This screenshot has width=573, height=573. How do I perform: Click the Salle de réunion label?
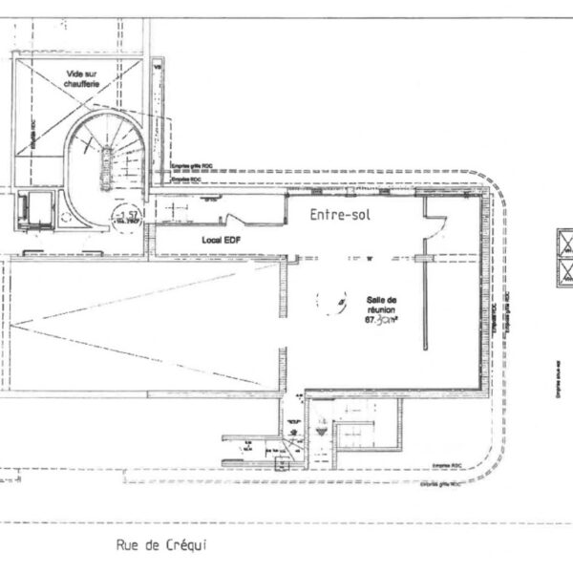(x=378, y=303)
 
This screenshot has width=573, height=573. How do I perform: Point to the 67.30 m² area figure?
(x=379, y=321)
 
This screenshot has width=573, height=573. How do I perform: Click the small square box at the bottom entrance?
(x=280, y=465)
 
